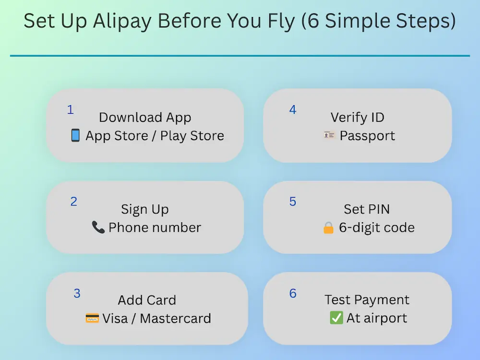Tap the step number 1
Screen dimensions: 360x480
(71, 110)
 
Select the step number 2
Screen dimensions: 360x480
(73, 202)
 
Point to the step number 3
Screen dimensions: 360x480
(77, 293)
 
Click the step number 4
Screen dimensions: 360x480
(293, 110)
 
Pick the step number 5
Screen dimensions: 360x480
(293, 202)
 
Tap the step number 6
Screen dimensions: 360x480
(293, 293)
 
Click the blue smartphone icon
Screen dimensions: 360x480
(75, 136)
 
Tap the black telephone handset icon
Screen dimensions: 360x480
(98, 227)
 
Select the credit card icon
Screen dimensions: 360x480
(92, 318)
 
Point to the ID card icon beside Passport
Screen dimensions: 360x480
(329, 136)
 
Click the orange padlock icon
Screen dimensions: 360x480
(329, 228)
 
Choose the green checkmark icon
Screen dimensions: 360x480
(336, 318)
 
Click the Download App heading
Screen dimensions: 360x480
(145, 118)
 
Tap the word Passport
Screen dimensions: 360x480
(367, 136)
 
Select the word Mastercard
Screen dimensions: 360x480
(175, 318)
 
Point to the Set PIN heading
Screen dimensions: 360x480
(367, 209)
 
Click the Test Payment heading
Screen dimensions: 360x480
(367, 300)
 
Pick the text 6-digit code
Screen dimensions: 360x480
(377, 228)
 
